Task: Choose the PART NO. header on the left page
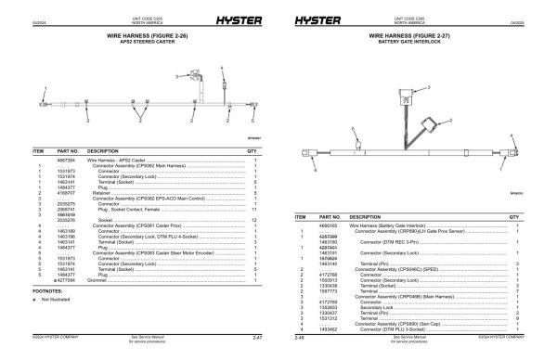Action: point(70,149)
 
